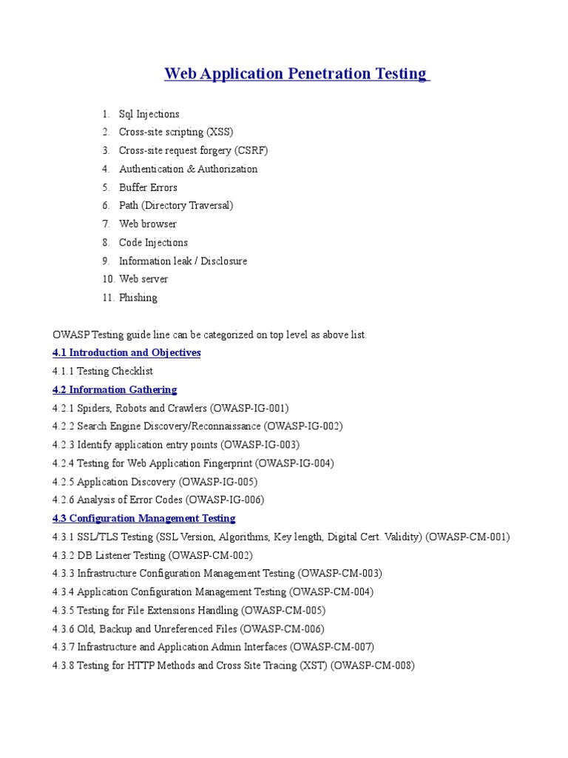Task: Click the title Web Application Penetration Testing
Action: point(296,74)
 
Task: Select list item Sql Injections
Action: point(149,114)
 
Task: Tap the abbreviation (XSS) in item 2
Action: point(219,133)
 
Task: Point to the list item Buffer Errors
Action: point(149,187)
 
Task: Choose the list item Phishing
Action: point(138,298)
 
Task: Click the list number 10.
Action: point(108,279)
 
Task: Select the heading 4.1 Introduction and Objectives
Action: point(126,353)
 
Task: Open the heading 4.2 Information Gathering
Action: point(115,389)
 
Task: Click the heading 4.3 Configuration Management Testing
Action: point(144,518)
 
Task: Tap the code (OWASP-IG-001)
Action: point(250,408)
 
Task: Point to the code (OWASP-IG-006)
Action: point(225,500)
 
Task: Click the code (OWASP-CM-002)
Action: point(211,555)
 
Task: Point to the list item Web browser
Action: point(148,224)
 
